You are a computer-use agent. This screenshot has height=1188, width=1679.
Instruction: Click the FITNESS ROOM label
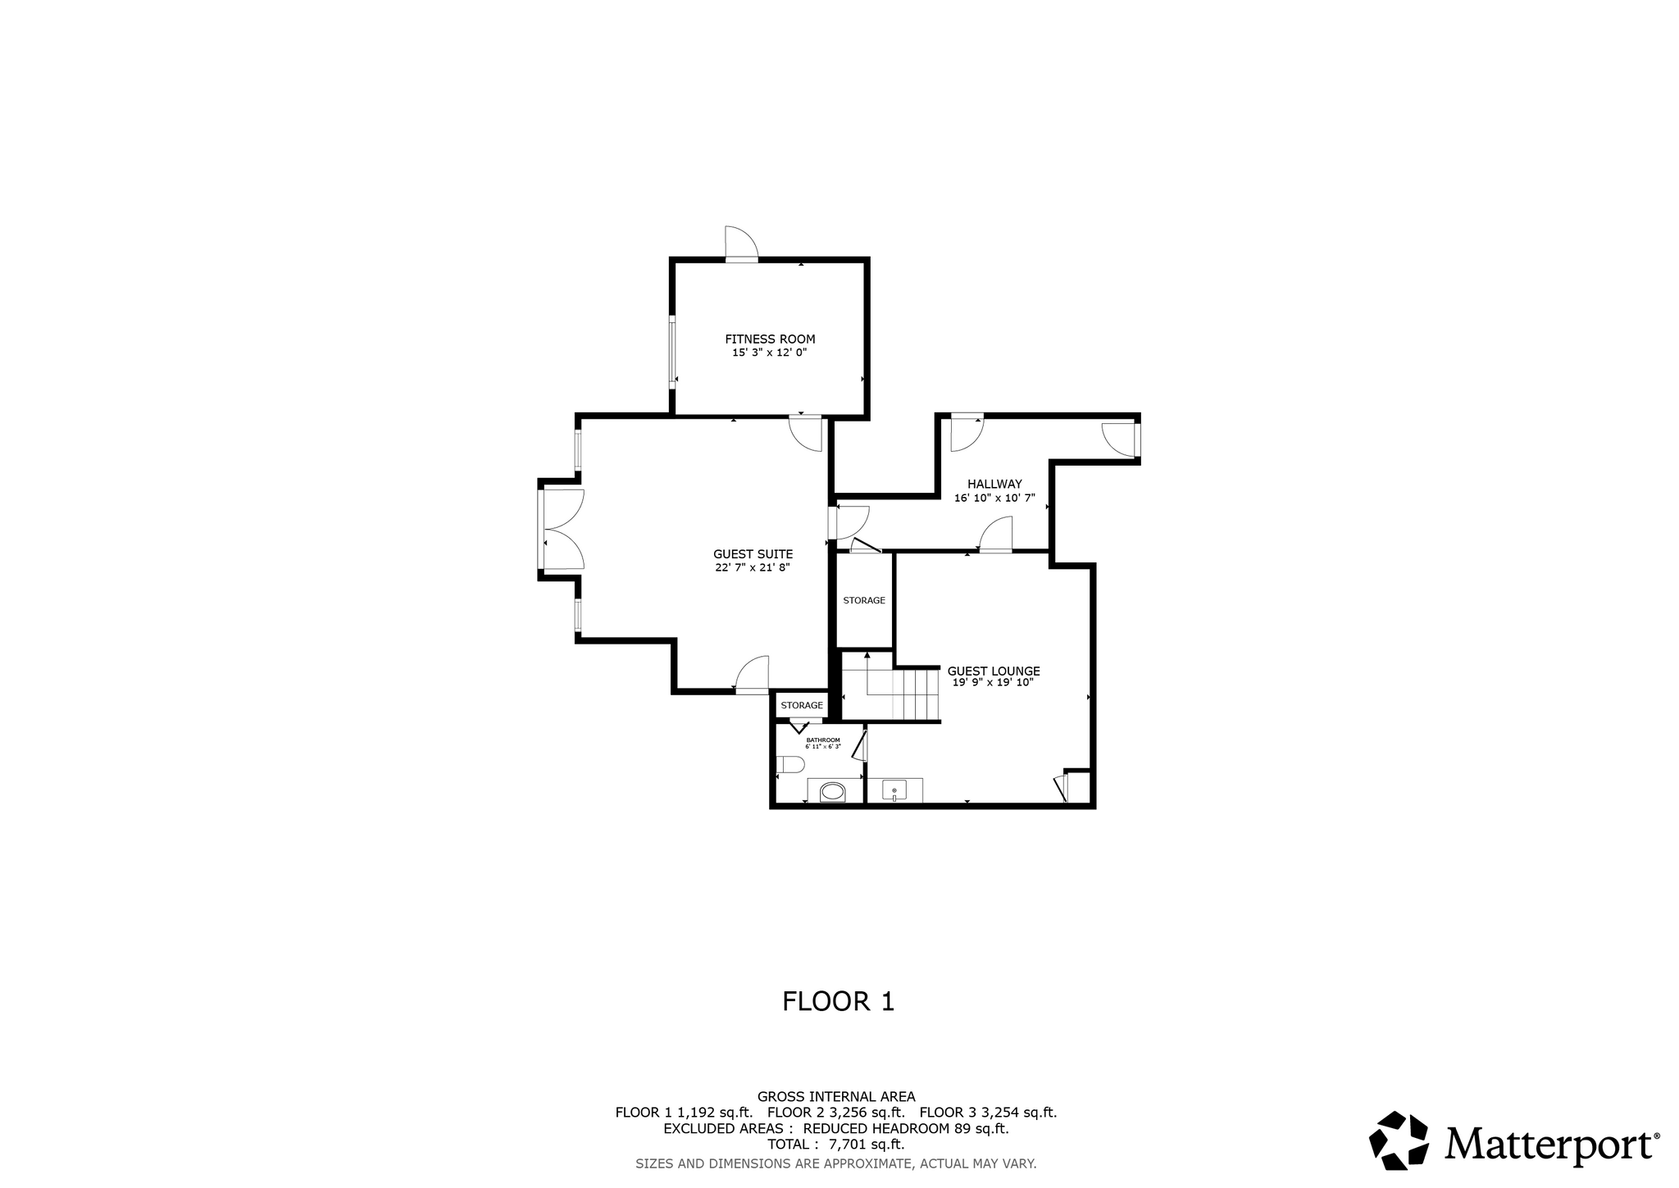[x=770, y=339]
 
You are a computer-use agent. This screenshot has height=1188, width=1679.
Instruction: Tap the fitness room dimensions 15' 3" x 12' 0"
[x=770, y=353]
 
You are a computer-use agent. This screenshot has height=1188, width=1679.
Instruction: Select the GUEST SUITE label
[x=753, y=554]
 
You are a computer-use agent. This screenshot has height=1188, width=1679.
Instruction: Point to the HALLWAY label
[x=994, y=485]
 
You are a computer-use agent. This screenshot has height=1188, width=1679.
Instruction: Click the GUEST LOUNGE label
[x=994, y=671]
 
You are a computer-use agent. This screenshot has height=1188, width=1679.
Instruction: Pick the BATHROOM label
[x=823, y=740]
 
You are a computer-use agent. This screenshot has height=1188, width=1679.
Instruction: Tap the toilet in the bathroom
[x=790, y=765]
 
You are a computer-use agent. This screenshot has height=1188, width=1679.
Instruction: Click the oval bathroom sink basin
[x=833, y=792]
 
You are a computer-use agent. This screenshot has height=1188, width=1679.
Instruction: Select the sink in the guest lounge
[x=894, y=790]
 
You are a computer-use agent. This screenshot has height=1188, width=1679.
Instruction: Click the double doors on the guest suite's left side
[x=562, y=529]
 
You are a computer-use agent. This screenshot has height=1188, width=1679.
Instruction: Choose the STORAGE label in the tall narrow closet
[x=864, y=600]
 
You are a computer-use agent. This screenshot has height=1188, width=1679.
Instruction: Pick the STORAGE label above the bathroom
[x=802, y=705]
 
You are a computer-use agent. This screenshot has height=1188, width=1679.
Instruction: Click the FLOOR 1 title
[x=838, y=1002]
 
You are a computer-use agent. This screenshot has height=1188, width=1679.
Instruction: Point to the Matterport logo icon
[x=1400, y=1140]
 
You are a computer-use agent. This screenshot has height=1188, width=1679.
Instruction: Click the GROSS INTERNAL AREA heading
[x=836, y=1096]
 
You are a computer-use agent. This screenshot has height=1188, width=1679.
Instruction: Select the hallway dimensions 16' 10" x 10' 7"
[x=994, y=498]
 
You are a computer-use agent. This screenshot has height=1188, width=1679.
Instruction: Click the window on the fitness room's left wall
[x=672, y=353]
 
